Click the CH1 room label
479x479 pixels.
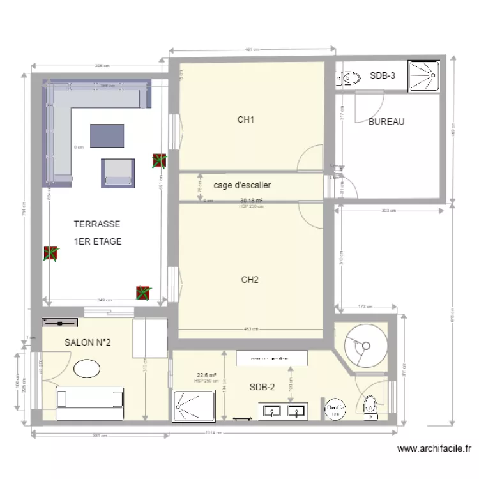pos(247,119)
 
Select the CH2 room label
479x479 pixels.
pos(250,279)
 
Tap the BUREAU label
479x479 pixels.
pos(386,122)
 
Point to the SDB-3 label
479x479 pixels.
pos(383,76)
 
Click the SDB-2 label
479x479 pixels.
pos(262,387)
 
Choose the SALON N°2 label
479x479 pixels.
pos(87,343)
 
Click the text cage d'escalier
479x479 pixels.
pos(242,185)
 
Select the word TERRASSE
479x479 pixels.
pos(96,225)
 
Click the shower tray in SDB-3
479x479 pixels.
pos(425,76)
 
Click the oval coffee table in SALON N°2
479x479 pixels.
pos(87,369)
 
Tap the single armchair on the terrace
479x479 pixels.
pos(119,172)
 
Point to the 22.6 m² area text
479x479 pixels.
pos(206,376)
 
